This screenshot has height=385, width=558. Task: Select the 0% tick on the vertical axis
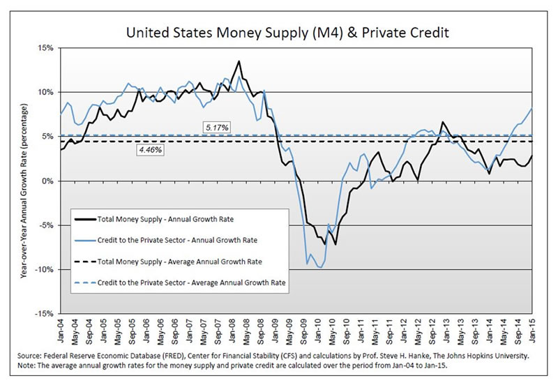(47, 181)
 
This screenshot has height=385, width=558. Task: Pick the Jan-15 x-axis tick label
(533, 329)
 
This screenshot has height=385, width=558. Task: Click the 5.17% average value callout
(217, 127)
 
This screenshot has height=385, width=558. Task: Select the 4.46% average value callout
(148, 149)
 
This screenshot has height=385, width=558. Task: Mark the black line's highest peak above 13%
(239, 61)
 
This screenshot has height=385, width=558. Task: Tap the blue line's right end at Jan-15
(532, 109)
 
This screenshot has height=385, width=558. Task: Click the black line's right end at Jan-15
(532, 156)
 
